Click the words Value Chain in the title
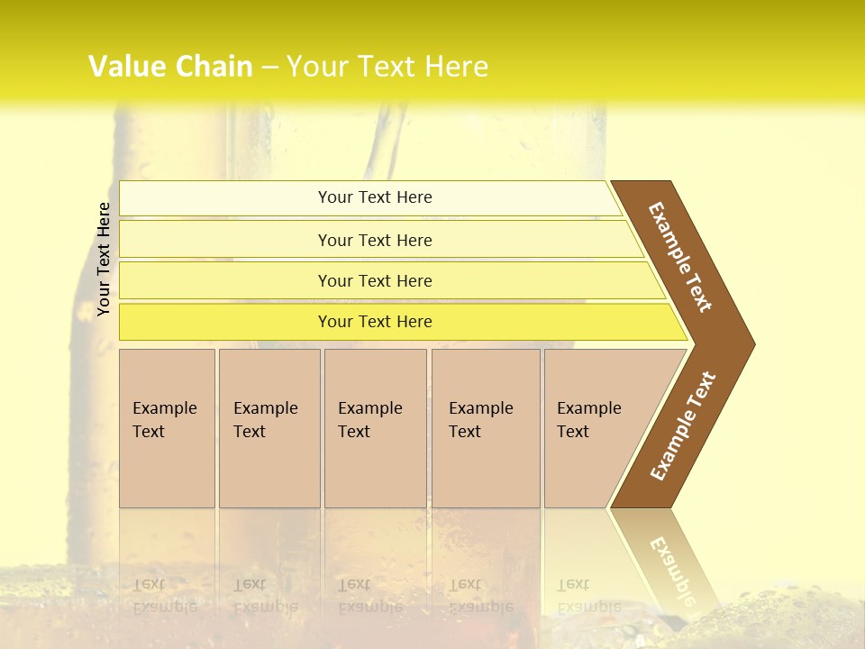click(x=170, y=67)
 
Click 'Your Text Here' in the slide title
click(x=387, y=67)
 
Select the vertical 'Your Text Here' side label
click(x=105, y=259)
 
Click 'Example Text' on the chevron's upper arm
click(x=680, y=257)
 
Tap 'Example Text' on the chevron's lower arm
click(x=683, y=426)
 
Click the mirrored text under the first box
click(x=164, y=596)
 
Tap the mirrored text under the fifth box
click(x=588, y=596)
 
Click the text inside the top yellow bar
click(x=375, y=197)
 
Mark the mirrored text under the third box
click(x=369, y=596)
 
